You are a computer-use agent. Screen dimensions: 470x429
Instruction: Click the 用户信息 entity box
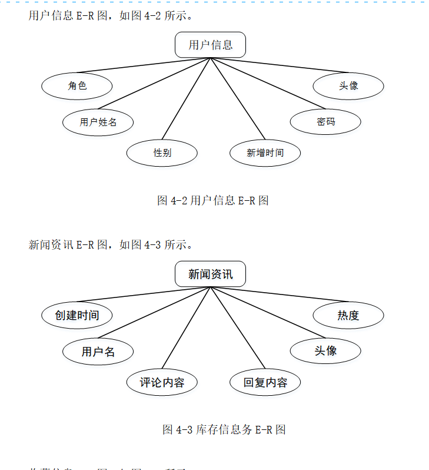click(x=210, y=45)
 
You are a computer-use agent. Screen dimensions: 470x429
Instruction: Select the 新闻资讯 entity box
click(x=210, y=274)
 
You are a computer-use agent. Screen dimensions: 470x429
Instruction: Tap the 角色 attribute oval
click(x=77, y=86)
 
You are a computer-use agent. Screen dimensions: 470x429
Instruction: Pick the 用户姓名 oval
click(x=98, y=123)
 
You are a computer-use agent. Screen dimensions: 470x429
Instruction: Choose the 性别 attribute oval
click(x=162, y=153)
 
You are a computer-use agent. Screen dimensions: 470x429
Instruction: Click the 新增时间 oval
click(x=265, y=153)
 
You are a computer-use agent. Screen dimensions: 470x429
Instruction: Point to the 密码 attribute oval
click(x=325, y=122)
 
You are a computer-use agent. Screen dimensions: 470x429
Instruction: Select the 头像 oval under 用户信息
click(x=348, y=86)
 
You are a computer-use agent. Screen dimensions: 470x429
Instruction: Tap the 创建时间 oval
click(x=77, y=316)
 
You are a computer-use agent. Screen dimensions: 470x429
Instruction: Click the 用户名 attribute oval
click(x=98, y=352)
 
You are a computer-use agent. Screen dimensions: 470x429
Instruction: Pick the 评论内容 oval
click(x=162, y=383)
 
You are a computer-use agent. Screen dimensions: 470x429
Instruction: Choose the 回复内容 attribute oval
click(x=265, y=383)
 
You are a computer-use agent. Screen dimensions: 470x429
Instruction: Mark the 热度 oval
click(x=348, y=316)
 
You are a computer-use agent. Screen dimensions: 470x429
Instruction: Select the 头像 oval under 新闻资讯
click(x=325, y=351)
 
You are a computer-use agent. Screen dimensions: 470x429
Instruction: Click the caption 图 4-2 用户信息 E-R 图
click(x=212, y=200)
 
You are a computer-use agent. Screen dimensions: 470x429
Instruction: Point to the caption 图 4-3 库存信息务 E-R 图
click(x=224, y=429)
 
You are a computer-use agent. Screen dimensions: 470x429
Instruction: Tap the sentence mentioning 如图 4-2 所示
click(x=111, y=16)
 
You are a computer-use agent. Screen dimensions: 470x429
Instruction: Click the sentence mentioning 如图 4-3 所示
click(x=111, y=245)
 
